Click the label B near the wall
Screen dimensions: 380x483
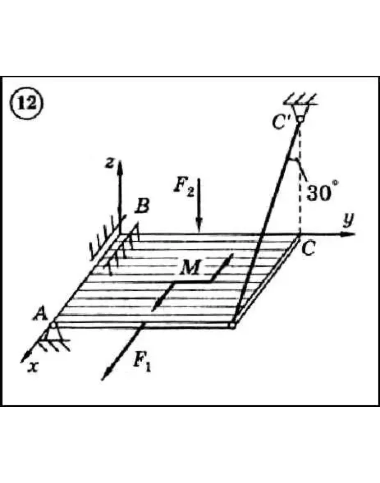click(142, 206)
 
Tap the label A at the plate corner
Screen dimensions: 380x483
click(41, 314)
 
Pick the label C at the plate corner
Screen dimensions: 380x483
click(308, 248)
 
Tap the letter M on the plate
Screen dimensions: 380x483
click(191, 267)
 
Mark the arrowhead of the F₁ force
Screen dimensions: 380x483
click(106, 374)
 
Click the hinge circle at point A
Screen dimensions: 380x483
click(53, 325)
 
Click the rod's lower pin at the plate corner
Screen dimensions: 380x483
click(233, 325)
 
